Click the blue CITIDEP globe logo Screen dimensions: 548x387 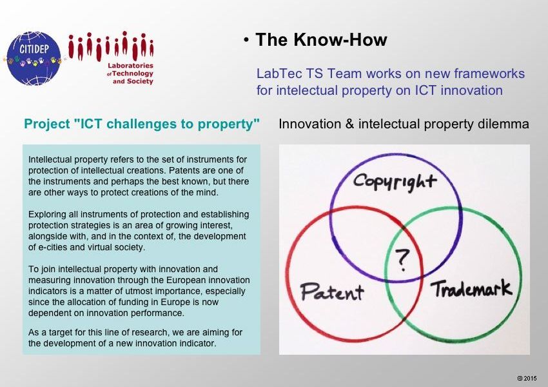[34, 59]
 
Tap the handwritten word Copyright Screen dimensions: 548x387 [395, 181]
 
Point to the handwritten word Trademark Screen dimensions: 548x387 [471, 288]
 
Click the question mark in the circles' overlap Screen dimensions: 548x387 [402, 259]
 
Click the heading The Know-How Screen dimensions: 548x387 [321, 39]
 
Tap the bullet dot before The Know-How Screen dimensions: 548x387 [246, 40]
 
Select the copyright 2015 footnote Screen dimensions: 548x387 [527, 378]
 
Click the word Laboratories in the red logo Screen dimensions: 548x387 [130, 65]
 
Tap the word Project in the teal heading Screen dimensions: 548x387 [47, 124]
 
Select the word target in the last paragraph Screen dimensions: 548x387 [61, 332]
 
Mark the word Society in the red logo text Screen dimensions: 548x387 [140, 81]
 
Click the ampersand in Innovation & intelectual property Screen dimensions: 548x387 [349, 124]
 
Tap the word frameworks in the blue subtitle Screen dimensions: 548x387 [489, 74]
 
